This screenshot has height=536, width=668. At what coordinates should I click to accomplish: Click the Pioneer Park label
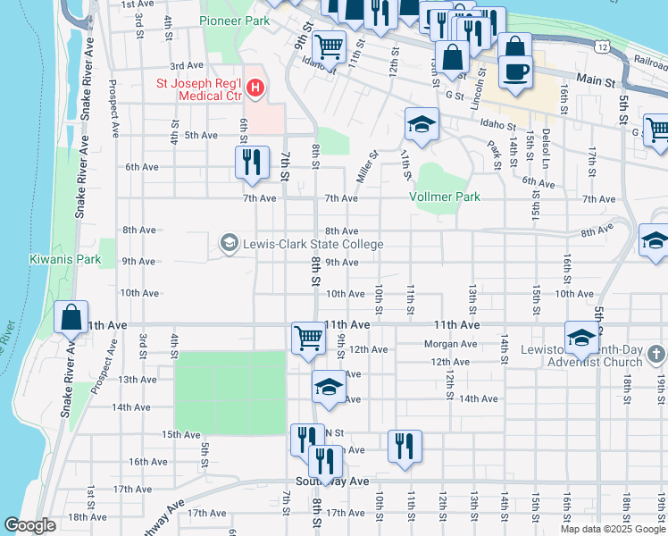(x=235, y=21)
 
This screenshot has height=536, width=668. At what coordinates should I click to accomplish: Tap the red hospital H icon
(x=256, y=87)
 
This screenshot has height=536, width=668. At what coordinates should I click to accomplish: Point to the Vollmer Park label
(x=445, y=197)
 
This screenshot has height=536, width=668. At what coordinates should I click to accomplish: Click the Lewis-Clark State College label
(x=313, y=244)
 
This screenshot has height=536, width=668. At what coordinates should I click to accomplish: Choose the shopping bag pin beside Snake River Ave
(x=71, y=316)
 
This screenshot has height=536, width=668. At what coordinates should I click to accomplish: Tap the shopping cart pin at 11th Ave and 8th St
(x=307, y=338)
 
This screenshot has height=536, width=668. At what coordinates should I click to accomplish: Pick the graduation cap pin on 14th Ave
(x=328, y=387)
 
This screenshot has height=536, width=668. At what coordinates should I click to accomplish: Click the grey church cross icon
(x=655, y=355)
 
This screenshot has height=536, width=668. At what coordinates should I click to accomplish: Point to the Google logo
(x=29, y=525)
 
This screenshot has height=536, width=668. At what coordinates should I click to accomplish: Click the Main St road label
(x=596, y=81)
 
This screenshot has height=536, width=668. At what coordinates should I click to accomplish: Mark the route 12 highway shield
(x=605, y=46)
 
